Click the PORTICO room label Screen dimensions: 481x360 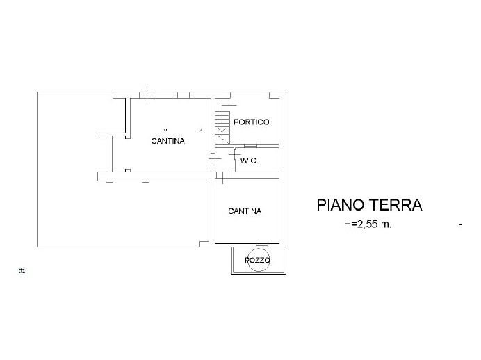[x=251, y=122]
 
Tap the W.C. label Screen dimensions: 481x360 [x=249, y=161]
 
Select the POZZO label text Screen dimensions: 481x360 [x=258, y=261]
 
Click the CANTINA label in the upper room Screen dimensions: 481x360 [x=168, y=141]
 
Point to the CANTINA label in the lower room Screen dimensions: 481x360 [x=245, y=211]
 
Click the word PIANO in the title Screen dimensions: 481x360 [x=341, y=205]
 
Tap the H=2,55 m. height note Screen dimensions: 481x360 [x=368, y=224]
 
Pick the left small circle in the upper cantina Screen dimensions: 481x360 [x=165, y=130]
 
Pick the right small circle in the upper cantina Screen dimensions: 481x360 [x=200, y=130]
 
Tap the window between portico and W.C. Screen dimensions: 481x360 [x=250, y=146]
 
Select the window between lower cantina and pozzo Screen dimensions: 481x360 [x=261, y=245]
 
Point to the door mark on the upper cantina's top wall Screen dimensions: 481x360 [x=147, y=95]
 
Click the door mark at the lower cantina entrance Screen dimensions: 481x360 [x=222, y=178]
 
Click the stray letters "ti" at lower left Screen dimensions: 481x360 [x=22, y=271]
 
